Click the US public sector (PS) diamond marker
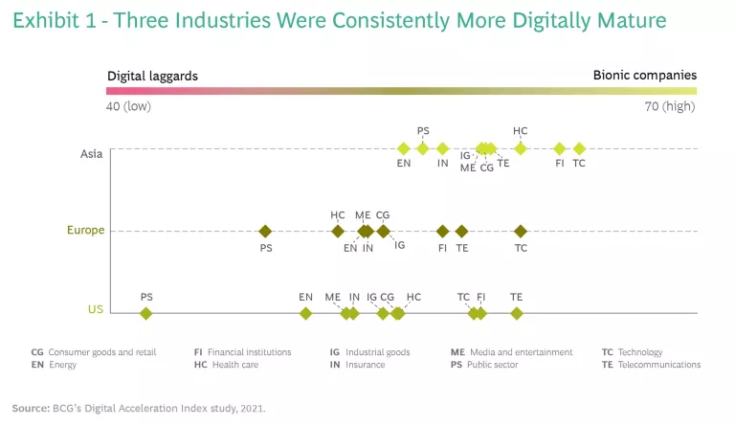pyautogui.click(x=146, y=313)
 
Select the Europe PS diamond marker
pyautogui.click(x=266, y=231)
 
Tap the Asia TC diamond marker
pyautogui.click(x=579, y=148)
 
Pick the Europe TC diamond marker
pyautogui.click(x=521, y=231)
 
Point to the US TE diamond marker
pyautogui.click(x=517, y=313)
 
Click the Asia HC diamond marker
pyautogui.click(x=521, y=148)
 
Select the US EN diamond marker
pyautogui.click(x=305, y=313)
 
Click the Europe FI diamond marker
pyautogui.click(x=442, y=231)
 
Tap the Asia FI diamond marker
pyautogui.click(x=560, y=148)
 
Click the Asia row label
pyautogui.click(x=92, y=152)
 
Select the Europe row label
pyautogui.click(x=85, y=231)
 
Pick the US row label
pyautogui.click(x=96, y=309)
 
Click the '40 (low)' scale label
pyautogui.click(x=128, y=106)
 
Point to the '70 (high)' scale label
pyautogui.click(x=670, y=106)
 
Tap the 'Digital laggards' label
pyautogui.click(x=152, y=75)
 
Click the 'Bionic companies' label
pyautogui.click(x=644, y=75)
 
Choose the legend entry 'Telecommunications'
pyautogui.click(x=660, y=365)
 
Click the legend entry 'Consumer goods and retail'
pyautogui.click(x=101, y=352)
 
